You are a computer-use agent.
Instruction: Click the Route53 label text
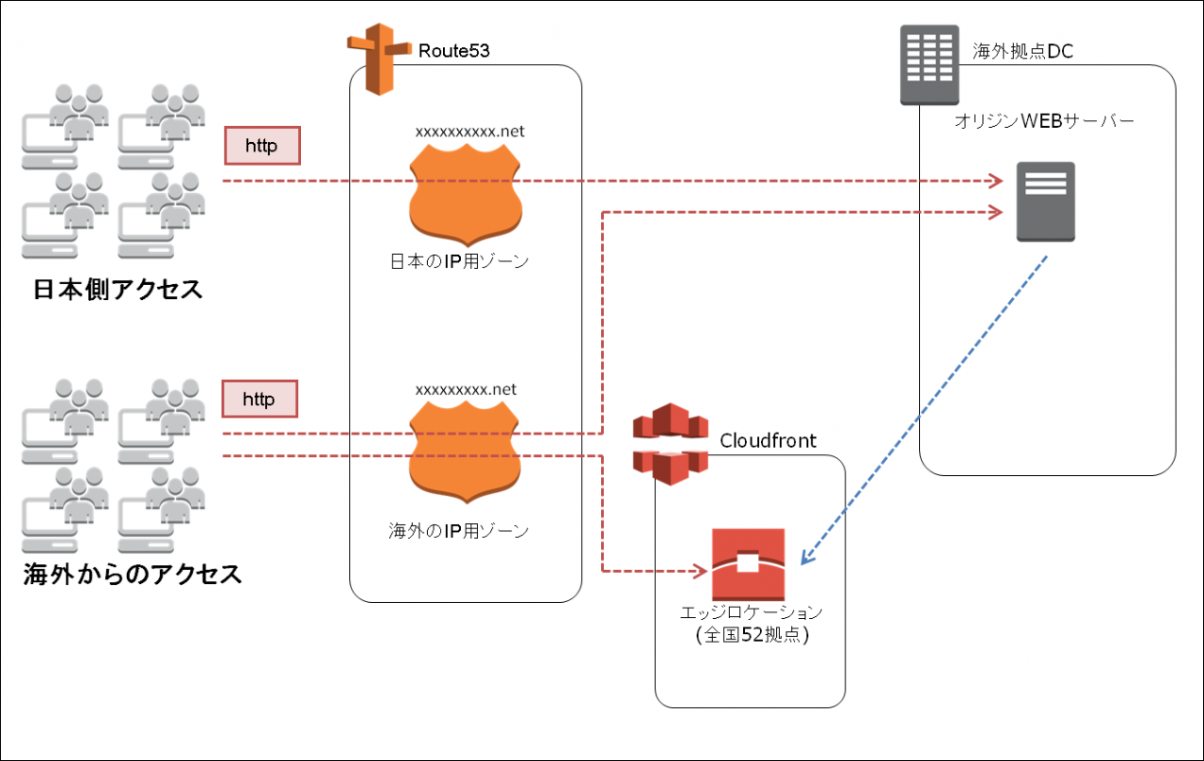tap(454, 51)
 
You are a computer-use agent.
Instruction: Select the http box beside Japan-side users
tap(262, 146)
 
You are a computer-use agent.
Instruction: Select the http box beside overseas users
tap(259, 399)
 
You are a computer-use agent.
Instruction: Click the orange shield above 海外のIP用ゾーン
tap(467, 455)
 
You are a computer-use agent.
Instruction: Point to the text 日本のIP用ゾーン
tap(459, 261)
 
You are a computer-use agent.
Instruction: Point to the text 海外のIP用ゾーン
tap(459, 531)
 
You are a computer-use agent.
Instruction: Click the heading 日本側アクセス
tap(118, 290)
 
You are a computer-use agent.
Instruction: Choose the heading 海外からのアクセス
tap(133, 574)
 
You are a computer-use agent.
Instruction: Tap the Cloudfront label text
tap(768, 440)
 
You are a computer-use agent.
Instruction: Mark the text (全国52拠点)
tap(752, 635)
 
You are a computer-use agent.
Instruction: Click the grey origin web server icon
tap(1046, 201)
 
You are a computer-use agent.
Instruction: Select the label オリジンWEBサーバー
tap(1044, 121)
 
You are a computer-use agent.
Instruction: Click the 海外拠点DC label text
tap(1022, 51)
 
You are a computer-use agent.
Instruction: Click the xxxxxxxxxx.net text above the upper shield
tap(469, 132)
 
